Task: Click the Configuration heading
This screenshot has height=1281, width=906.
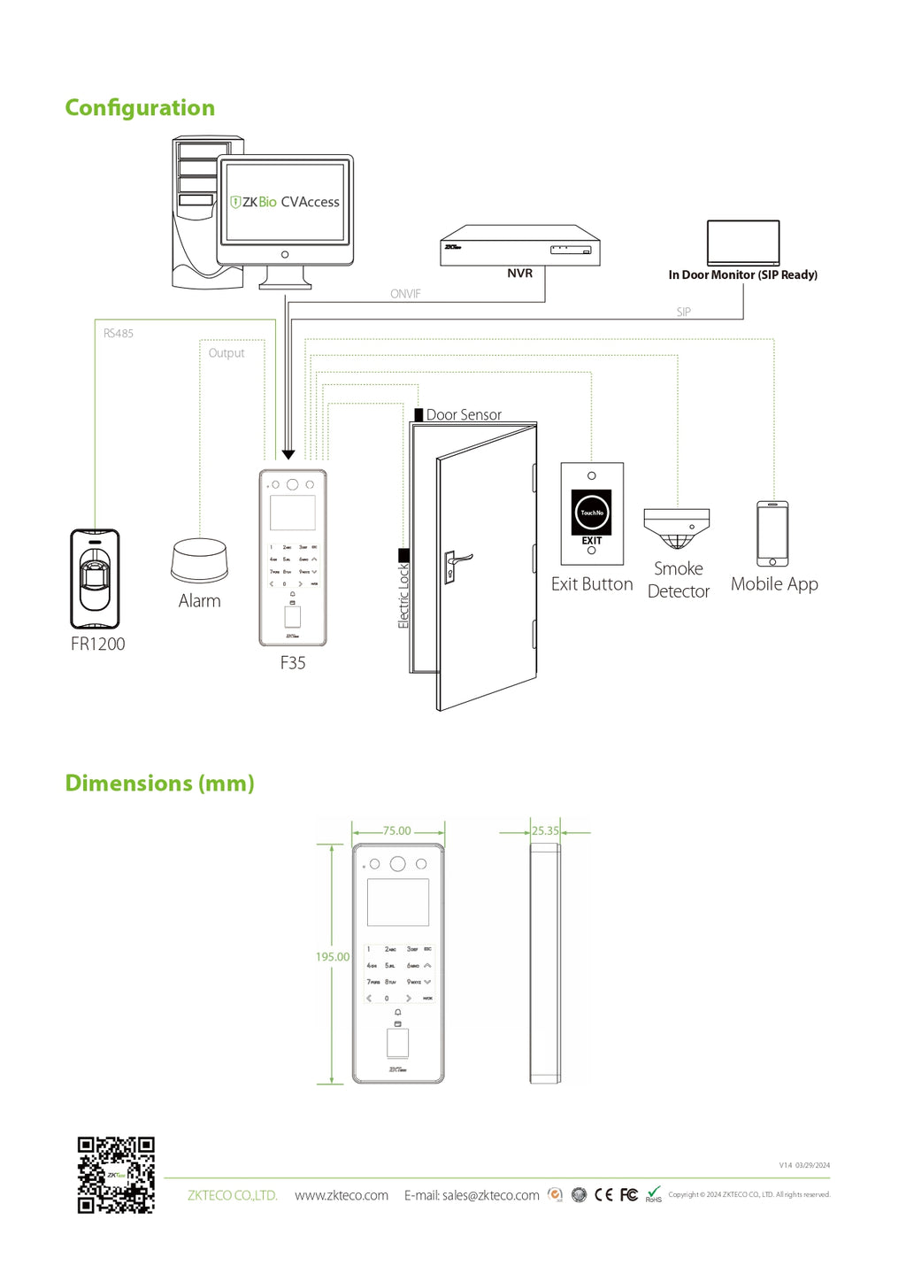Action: (140, 108)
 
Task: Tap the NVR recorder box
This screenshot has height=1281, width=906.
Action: (520, 245)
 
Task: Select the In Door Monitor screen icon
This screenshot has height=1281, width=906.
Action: (743, 242)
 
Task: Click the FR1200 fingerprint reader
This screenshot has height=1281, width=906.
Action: (95, 579)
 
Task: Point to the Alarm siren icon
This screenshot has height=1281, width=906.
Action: (199, 560)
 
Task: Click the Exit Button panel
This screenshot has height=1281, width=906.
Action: (592, 513)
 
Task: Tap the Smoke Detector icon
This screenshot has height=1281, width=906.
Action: (677, 528)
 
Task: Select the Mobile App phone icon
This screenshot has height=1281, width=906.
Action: (772, 534)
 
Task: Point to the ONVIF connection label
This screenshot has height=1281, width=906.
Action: (405, 294)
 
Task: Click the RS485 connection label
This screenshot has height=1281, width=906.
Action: (119, 334)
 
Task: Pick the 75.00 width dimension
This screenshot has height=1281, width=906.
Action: (397, 831)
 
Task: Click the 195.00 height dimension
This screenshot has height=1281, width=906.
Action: (333, 957)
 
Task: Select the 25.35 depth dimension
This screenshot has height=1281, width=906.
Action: (545, 831)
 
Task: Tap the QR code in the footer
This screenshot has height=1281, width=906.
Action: (116, 1175)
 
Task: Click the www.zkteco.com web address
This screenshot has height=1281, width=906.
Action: (342, 1195)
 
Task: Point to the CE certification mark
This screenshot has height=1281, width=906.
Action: (603, 1195)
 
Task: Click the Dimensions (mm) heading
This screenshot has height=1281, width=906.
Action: (160, 783)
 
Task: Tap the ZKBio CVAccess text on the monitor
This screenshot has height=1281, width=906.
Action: (285, 202)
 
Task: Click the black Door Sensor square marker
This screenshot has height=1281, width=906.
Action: (418, 414)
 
